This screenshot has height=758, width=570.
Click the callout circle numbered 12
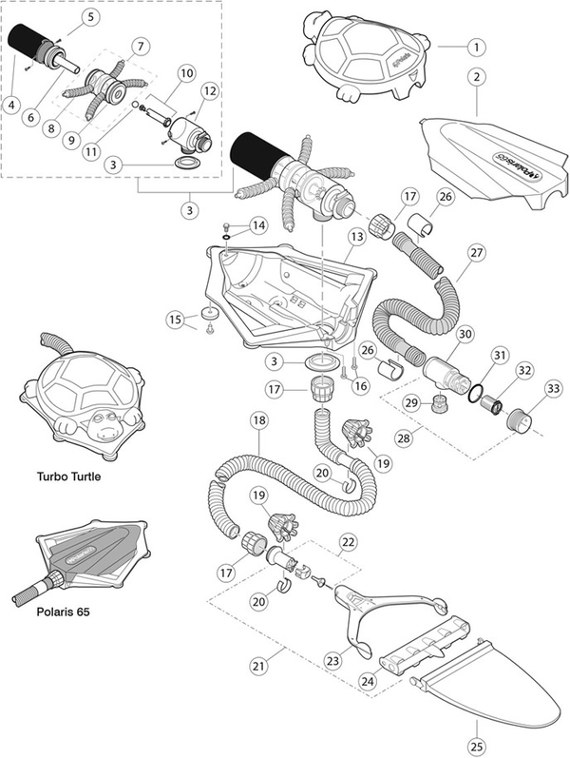point(209,89)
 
